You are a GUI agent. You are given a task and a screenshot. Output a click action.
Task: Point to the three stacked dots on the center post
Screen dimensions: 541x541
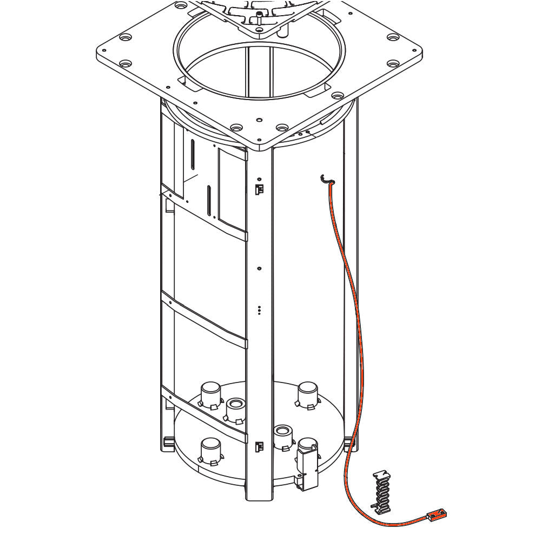click(260, 310)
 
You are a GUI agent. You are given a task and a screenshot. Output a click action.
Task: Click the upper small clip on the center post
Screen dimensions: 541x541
click(260, 189)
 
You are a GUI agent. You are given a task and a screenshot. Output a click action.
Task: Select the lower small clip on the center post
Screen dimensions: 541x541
click(260, 447)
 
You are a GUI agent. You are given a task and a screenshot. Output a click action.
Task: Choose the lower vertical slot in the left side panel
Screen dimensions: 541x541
click(209, 200)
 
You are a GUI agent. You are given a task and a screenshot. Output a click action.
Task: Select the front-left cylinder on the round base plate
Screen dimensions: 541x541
click(211, 451)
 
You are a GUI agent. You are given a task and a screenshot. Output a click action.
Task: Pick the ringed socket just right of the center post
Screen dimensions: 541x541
click(282, 436)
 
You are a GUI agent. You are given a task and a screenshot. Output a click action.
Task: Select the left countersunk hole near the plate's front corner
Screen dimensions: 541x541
click(236, 128)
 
